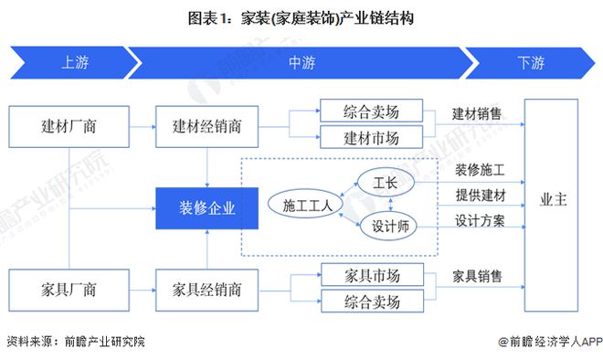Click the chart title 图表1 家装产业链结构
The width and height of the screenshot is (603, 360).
pyautogui.click(x=301, y=18)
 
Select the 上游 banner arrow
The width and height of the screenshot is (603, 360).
pyautogui.click(x=73, y=63)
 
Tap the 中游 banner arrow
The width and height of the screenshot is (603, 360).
pyautogui.click(x=301, y=63)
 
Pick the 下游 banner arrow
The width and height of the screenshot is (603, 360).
pyautogui.click(x=530, y=63)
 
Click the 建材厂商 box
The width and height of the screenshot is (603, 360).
pyautogui.click(x=69, y=126)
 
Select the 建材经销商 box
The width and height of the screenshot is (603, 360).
pyautogui.click(x=208, y=126)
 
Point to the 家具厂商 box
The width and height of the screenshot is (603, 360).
pyautogui.click(x=69, y=290)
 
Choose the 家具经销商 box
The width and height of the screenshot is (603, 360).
pyautogui.click(x=208, y=290)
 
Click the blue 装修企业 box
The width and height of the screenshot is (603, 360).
pyautogui.click(x=208, y=207)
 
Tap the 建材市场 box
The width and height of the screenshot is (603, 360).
pyautogui.click(x=372, y=138)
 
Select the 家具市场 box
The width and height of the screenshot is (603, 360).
pyautogui.click(x=372, y=275)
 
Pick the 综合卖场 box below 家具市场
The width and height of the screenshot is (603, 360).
pyautogui.click(x=372, y=300)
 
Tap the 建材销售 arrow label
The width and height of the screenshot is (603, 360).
pyautogui.click(x=477, y=114)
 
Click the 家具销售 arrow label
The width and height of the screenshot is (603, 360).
pyautogui.click(x=477, y=276)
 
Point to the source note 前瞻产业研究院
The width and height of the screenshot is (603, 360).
pyautogui.click(x=75, y=342)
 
